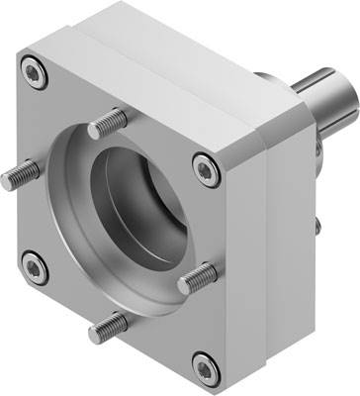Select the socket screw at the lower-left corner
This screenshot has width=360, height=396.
click(x=36, y=264)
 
